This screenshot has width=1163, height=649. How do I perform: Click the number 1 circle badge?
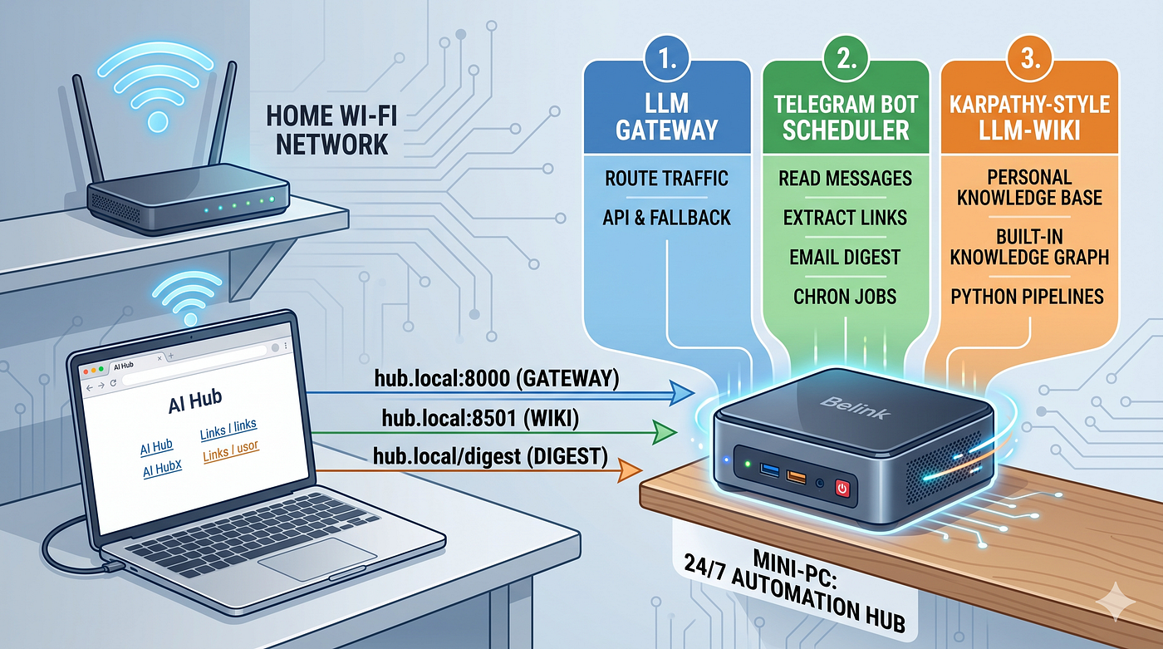667,59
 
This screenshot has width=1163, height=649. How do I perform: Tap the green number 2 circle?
846,59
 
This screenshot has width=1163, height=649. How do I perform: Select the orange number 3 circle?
1029,59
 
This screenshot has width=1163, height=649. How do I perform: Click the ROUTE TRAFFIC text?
666,178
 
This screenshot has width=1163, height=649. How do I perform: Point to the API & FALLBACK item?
666,218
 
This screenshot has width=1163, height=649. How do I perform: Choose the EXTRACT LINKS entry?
846,218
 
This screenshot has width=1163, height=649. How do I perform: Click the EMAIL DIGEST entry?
845,257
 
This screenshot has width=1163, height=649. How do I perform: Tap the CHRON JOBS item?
845,297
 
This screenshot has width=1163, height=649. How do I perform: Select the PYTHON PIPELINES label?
1028,297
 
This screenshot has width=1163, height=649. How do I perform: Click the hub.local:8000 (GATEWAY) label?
497,378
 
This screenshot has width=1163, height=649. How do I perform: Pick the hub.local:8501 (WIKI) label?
480,418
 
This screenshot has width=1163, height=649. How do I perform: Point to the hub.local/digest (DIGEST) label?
491,456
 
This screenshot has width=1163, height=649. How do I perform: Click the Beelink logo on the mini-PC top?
855,407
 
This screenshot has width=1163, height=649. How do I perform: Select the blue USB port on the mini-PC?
769,470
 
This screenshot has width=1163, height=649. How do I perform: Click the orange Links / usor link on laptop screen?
231,451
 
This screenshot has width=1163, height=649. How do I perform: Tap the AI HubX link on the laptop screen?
163,469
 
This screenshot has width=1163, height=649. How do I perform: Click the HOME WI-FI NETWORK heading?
331,130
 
